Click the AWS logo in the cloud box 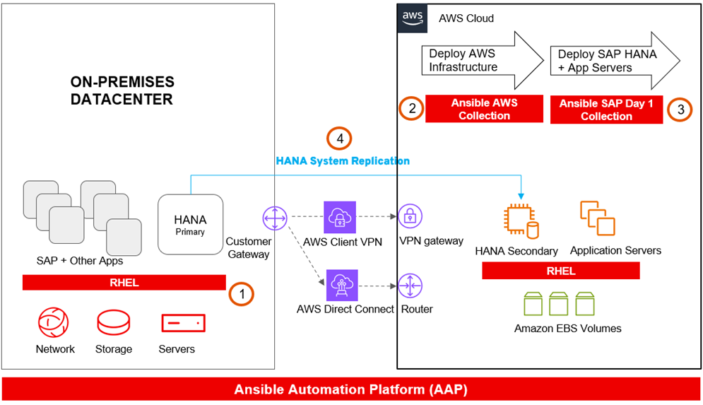pos(413,18)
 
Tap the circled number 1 pos(242,294)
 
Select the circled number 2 pos(410,109)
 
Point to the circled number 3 pos(680,109)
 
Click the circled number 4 pos(339,139)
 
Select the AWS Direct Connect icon pos(342,287)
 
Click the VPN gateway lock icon pos(410,218)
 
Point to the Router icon pos(410,286)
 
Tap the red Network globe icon pos(54,324)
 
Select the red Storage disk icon pos(113,324)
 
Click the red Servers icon pos(183,324)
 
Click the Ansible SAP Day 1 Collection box pos(606,110)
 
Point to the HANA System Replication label pos(343,160)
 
